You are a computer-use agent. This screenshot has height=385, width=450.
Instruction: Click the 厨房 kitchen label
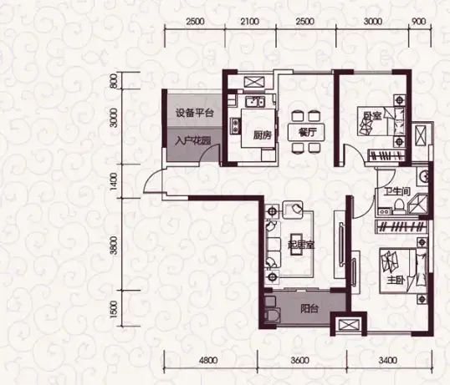pos(263,135)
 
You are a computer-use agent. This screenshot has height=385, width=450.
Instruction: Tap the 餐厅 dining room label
pos(307,132)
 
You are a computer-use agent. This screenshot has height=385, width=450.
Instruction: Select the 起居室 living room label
pos(301,246)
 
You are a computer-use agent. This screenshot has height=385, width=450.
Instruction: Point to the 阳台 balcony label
pos(309,309)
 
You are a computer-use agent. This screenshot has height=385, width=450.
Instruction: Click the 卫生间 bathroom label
pos(397,191)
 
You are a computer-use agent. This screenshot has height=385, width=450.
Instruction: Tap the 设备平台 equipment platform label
pos(195,113)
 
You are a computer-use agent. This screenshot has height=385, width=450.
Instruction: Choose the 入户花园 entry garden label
pos(193,140)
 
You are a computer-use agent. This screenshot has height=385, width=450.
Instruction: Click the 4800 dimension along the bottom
pos(208,360)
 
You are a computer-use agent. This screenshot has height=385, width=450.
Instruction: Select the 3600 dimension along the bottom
pos(300,360)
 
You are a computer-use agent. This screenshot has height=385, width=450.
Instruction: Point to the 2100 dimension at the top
pos(250,22)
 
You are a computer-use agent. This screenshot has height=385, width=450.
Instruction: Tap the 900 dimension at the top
pos(418,22)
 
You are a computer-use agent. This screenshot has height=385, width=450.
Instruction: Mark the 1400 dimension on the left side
pos(114,180)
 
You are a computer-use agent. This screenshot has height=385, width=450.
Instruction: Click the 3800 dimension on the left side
pos(114,246)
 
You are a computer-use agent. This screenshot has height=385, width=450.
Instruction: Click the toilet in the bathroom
pos(399,206)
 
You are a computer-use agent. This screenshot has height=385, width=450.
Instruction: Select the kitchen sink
pos(255,101)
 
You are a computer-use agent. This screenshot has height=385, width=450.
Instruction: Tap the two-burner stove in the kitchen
pos(236,126)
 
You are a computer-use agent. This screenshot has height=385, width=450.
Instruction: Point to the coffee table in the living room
pos(298,246)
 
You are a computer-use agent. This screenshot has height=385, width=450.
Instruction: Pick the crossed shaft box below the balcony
pos(349,324)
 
